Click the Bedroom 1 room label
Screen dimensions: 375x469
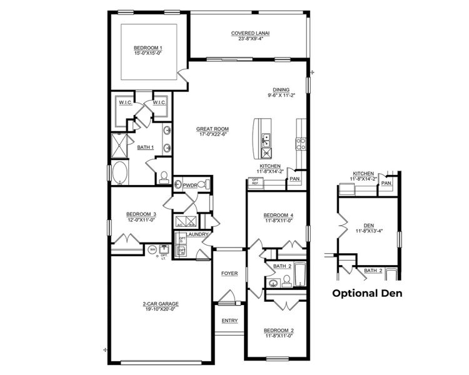[x=148, y=48]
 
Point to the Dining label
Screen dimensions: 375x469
[x=281, y=89]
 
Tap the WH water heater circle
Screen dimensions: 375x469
[x=152, y=250]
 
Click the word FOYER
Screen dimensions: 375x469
[x=229, y=274]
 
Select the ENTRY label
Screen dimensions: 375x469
[x=229, y=321]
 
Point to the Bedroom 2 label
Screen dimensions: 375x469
[x=278, y=330]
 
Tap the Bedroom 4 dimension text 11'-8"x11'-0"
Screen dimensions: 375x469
[x=278, y=220]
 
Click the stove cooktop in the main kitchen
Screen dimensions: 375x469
[x=301, y=144]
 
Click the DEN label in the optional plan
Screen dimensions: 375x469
[x=368, y=226]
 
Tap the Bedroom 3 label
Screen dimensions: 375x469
[x=141, y=214]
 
